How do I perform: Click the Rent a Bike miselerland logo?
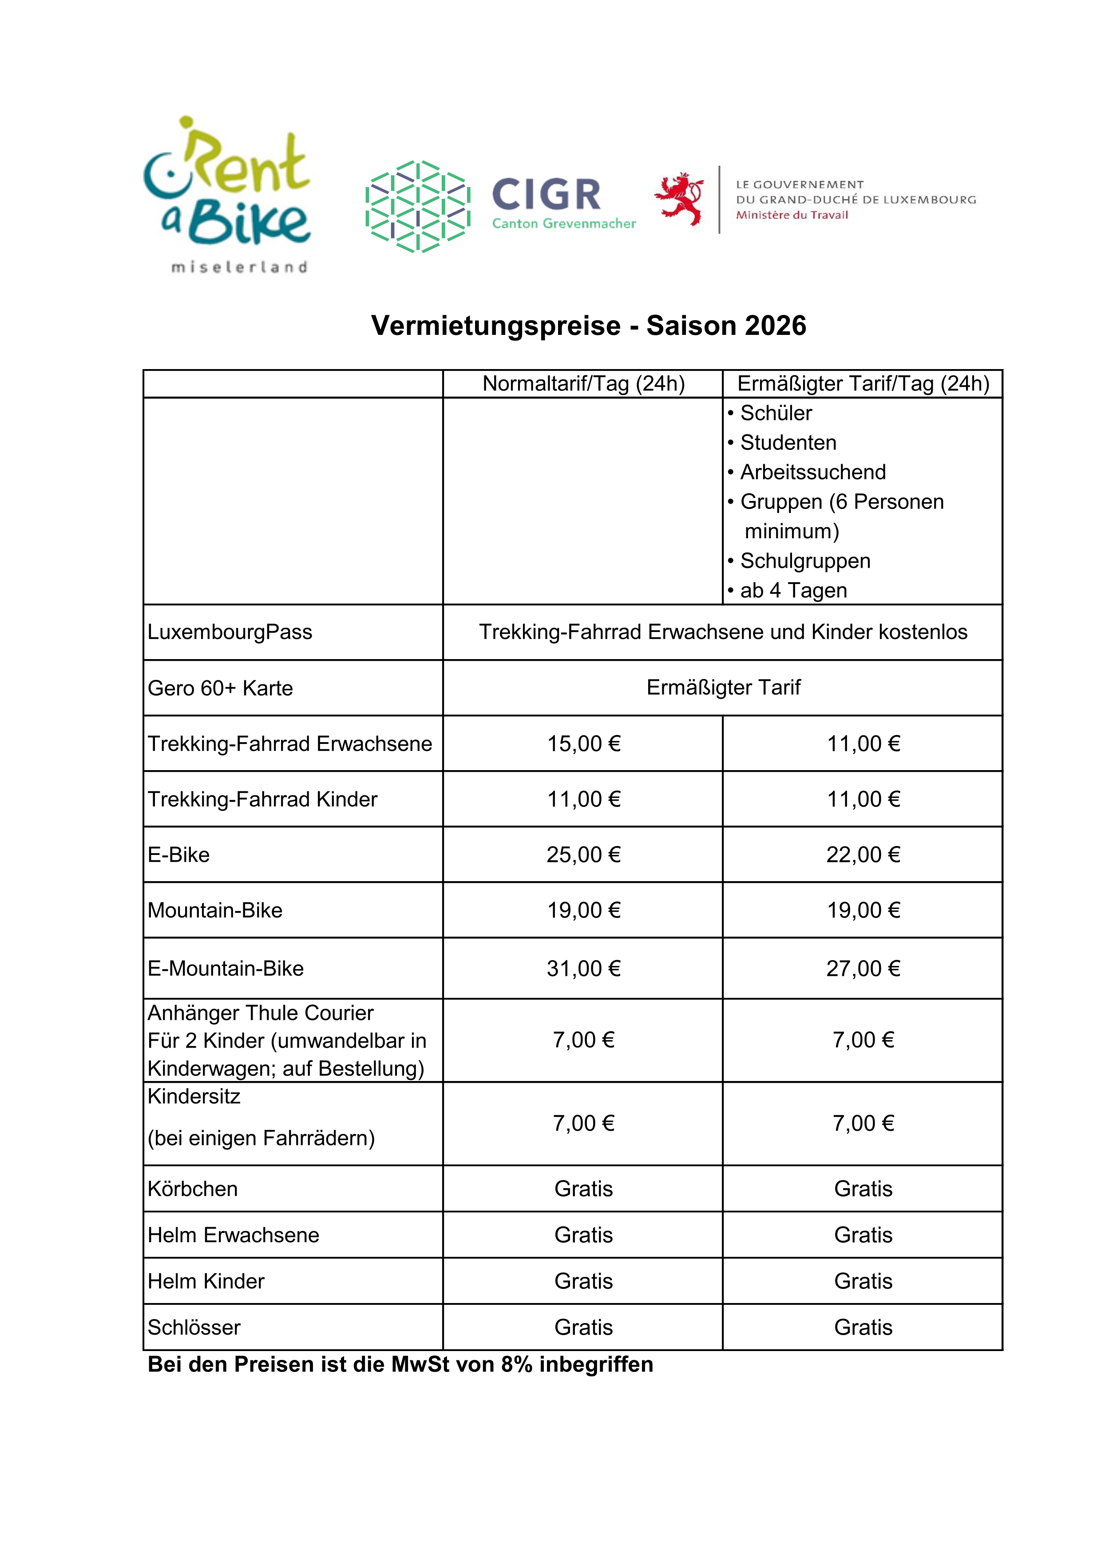pos(227,195)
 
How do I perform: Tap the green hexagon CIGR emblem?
pos(417,206)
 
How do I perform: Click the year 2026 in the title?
pos(775,326)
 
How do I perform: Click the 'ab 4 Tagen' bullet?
pos(793,590)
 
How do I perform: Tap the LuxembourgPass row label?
pos(230,632)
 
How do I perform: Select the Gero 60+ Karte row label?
pos(221,688)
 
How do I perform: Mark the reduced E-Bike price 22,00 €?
pos(863,855)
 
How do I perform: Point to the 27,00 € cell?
pos(863,969)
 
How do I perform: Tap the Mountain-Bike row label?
pos(215,910)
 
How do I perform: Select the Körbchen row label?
pos(193,1189)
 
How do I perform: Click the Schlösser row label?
pos(194,1327)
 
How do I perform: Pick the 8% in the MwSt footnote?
pos(516,1365)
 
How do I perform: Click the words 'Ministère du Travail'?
pos(792,215)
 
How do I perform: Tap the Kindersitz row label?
pos(194,1097)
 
